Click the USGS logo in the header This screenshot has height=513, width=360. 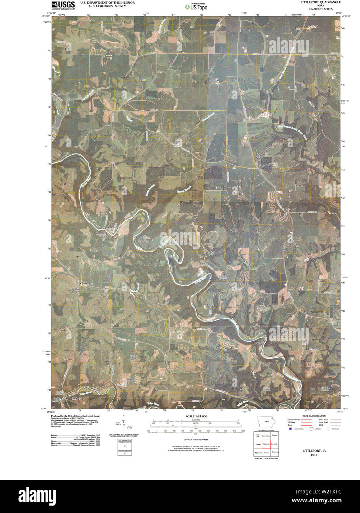[x=63, y=5]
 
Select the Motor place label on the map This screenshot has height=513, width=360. [x=103, y=228]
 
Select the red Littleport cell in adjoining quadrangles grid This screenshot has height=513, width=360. [x=266, y=444]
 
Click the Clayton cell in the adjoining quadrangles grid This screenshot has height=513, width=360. [x=274, y=436]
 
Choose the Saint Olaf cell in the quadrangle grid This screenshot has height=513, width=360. [x=257, y=436]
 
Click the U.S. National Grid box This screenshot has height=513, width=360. [x=124, y=441]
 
